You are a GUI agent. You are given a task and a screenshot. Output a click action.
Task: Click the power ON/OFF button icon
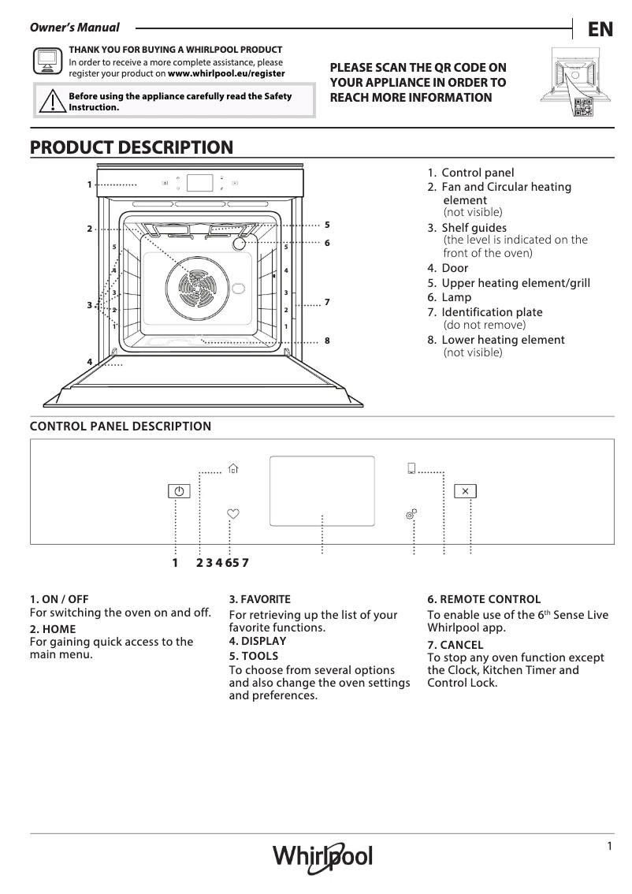(180, 491)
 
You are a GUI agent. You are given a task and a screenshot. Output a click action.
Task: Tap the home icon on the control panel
(232, 469)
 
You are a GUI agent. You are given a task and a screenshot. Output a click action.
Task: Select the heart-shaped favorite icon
(232, 513)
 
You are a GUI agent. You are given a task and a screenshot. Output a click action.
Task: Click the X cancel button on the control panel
(465, 491)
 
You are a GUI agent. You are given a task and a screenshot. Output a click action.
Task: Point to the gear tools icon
(411, 514)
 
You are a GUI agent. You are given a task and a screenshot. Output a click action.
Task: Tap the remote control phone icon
(411, 469)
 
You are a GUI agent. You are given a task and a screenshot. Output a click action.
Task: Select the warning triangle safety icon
(52, 102)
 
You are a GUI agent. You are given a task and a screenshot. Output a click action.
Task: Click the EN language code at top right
(600, 30)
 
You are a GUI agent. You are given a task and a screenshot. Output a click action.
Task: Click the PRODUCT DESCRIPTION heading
(132, 147)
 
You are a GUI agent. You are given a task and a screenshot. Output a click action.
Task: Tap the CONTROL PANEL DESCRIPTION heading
(121, 427)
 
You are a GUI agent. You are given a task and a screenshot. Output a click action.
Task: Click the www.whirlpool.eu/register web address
(227, 73)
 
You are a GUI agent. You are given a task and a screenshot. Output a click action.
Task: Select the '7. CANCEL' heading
(455, 645)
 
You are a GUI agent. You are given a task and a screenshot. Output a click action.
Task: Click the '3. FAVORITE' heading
(260, 599)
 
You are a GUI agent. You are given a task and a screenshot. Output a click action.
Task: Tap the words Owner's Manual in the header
(75, 28)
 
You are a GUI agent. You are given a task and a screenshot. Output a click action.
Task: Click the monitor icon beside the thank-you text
(47, 61)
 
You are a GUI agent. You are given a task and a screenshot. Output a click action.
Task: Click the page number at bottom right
(609, 846)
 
